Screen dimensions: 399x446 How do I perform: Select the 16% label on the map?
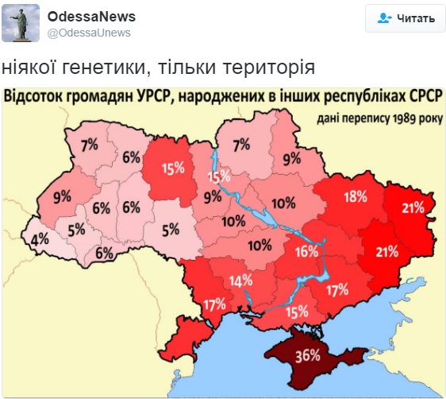coord(307,252)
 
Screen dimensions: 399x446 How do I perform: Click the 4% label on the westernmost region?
coord(39,238)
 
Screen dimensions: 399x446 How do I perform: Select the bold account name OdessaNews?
coord(91,17)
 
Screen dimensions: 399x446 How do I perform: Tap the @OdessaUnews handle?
coord(89,33)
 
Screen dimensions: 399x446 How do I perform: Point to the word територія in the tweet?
coord(275,67)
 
